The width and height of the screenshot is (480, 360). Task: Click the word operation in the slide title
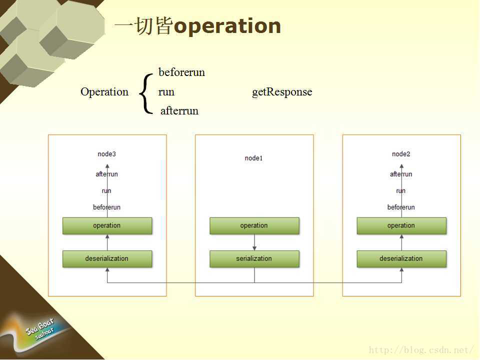pyautogui.click(x=227, y=26)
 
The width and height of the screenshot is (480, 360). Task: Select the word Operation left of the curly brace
pyautogui.click(x=104, y=92)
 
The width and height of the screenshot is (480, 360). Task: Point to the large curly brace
pyautogui.click(x=145, y=93)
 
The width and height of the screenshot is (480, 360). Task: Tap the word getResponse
pyautogui.click(x=282, y=92)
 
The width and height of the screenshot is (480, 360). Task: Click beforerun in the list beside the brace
pyautogui.click(x=182, y=72)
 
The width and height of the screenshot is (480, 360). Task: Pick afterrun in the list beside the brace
pyautogui.click(x=179, y=110)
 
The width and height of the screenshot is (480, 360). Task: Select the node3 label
pyautogui.click(x=107, y=154)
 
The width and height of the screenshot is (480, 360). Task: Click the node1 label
pyautogui.click(x=254, y=158)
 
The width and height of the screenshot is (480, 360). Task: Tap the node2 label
pyautogui.click(x=401, y=154)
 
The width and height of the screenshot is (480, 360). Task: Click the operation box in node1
pyautogui.click(x=254, y=226)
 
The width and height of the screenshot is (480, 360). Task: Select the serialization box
pyautogui.click(x=254, y=259)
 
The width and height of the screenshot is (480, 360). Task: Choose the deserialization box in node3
pyautogui.click(x=107, y=259)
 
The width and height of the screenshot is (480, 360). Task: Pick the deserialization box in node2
pyautogui.click(x=401, y=259)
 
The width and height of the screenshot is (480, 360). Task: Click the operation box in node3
pyautogui.click(x=107, y=226)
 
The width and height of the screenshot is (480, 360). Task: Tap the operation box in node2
pyautogui.click(x=401, y=226)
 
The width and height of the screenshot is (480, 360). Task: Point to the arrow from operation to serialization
pyautogui.click(x=254, y=242)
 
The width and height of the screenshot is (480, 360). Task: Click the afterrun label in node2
pyautogui.click(x=401, y=174)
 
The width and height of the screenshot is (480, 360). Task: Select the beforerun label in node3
pyautogui.click(x=107, y=207)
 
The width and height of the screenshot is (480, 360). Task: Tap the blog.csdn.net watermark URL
pyautogui.click(x=421, y=349)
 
